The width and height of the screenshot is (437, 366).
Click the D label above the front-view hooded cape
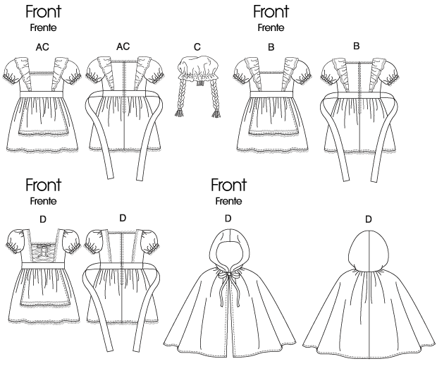click(x=227, y=218)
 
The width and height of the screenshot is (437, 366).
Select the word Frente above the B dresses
click(x=271, y=28)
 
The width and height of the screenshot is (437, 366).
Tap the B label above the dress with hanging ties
click(x=356, y=47)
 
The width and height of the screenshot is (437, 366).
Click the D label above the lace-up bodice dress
click(x=44, y=219)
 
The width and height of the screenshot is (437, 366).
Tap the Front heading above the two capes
click(x=228, y=186)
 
